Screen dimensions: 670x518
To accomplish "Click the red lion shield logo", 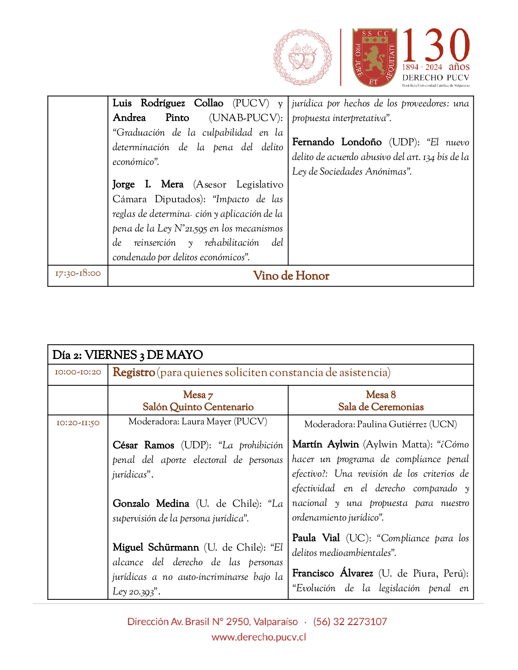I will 374,57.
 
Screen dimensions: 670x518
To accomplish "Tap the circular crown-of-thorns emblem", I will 302,57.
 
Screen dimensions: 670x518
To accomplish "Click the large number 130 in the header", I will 436,45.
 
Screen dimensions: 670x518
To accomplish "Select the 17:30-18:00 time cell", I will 78,273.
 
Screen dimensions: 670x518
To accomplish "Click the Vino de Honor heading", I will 291,276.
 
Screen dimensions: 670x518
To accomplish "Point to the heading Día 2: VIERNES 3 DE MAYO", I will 128,355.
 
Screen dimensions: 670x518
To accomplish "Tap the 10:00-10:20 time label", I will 78,372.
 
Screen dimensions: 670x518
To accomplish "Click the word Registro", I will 134,372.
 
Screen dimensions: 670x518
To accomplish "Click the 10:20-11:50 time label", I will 78,423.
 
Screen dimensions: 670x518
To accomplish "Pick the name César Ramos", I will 143,445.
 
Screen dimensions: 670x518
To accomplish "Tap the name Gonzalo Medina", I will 151,504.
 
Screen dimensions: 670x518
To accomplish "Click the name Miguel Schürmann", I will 156,547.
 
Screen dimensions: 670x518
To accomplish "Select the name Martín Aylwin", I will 325,444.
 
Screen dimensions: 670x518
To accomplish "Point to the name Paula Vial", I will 316,538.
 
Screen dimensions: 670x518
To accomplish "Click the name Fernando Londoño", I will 337,142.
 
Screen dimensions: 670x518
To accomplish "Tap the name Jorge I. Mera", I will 148,184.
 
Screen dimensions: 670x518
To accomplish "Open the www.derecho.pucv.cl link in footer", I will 259,637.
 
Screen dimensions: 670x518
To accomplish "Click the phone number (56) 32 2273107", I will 350,622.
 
